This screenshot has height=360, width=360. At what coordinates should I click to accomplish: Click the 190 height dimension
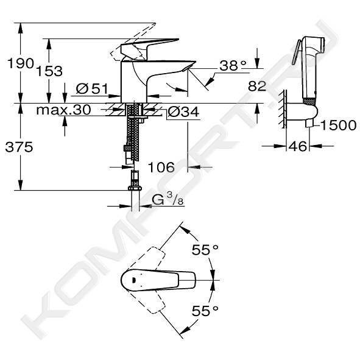(21, 63)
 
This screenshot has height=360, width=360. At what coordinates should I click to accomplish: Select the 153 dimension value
(49, 71)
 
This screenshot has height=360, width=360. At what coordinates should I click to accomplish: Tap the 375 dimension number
(19, 147)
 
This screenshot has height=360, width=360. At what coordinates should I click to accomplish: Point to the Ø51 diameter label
(91, 88)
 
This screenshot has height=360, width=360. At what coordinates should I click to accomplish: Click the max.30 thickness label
(63, 110)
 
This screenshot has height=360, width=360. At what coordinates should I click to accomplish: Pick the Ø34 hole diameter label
(184, 112)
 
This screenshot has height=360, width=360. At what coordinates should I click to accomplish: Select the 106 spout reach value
(161, 167)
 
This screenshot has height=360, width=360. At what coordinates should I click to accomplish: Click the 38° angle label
(233, 65)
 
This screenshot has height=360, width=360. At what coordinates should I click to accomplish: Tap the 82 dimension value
(257, 86)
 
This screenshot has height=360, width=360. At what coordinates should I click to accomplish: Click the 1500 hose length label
(339, 125)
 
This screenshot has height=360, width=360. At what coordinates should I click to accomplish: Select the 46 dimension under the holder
(297, 146)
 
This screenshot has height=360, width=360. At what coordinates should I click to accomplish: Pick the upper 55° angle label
(205, 250)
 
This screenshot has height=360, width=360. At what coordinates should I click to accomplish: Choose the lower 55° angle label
(205, 311)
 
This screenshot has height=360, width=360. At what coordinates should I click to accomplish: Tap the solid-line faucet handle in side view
(149, 49)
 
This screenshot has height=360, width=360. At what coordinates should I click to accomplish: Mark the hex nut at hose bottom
(135, 188)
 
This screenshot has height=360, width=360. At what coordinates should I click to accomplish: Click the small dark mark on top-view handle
(133, 280)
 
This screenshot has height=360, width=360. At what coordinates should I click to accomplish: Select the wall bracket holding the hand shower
(303, 113)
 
